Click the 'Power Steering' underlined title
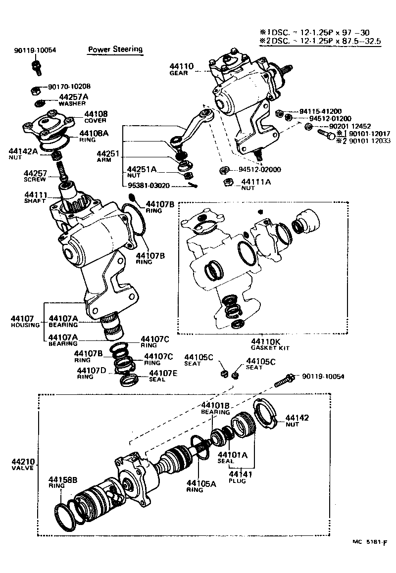[115, 49]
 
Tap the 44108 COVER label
[96, 116]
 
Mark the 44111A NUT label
[255, 184]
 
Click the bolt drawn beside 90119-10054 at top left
[36, 67]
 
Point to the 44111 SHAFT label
[35, 197]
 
